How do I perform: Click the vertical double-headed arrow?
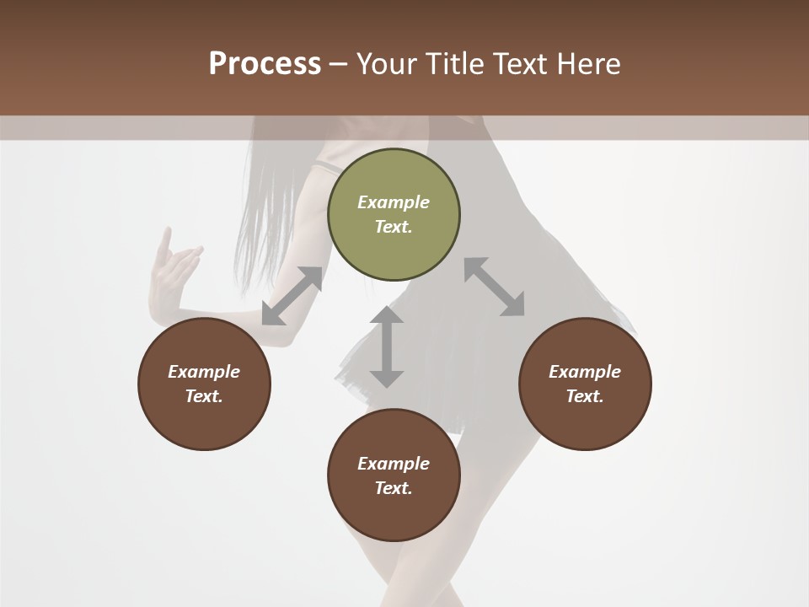[387, 346]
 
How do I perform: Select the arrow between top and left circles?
[292, 296]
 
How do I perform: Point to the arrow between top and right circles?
[495, 287]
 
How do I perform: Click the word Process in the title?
[265, 63]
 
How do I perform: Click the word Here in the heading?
[589, 64]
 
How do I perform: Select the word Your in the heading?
[388, 64]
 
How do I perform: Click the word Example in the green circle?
[394, 202]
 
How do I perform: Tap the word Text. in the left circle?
[204, 396]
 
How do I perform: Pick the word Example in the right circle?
[585, 372]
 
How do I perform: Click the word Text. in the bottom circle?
[394, 488]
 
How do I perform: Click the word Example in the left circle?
[204, 372]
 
